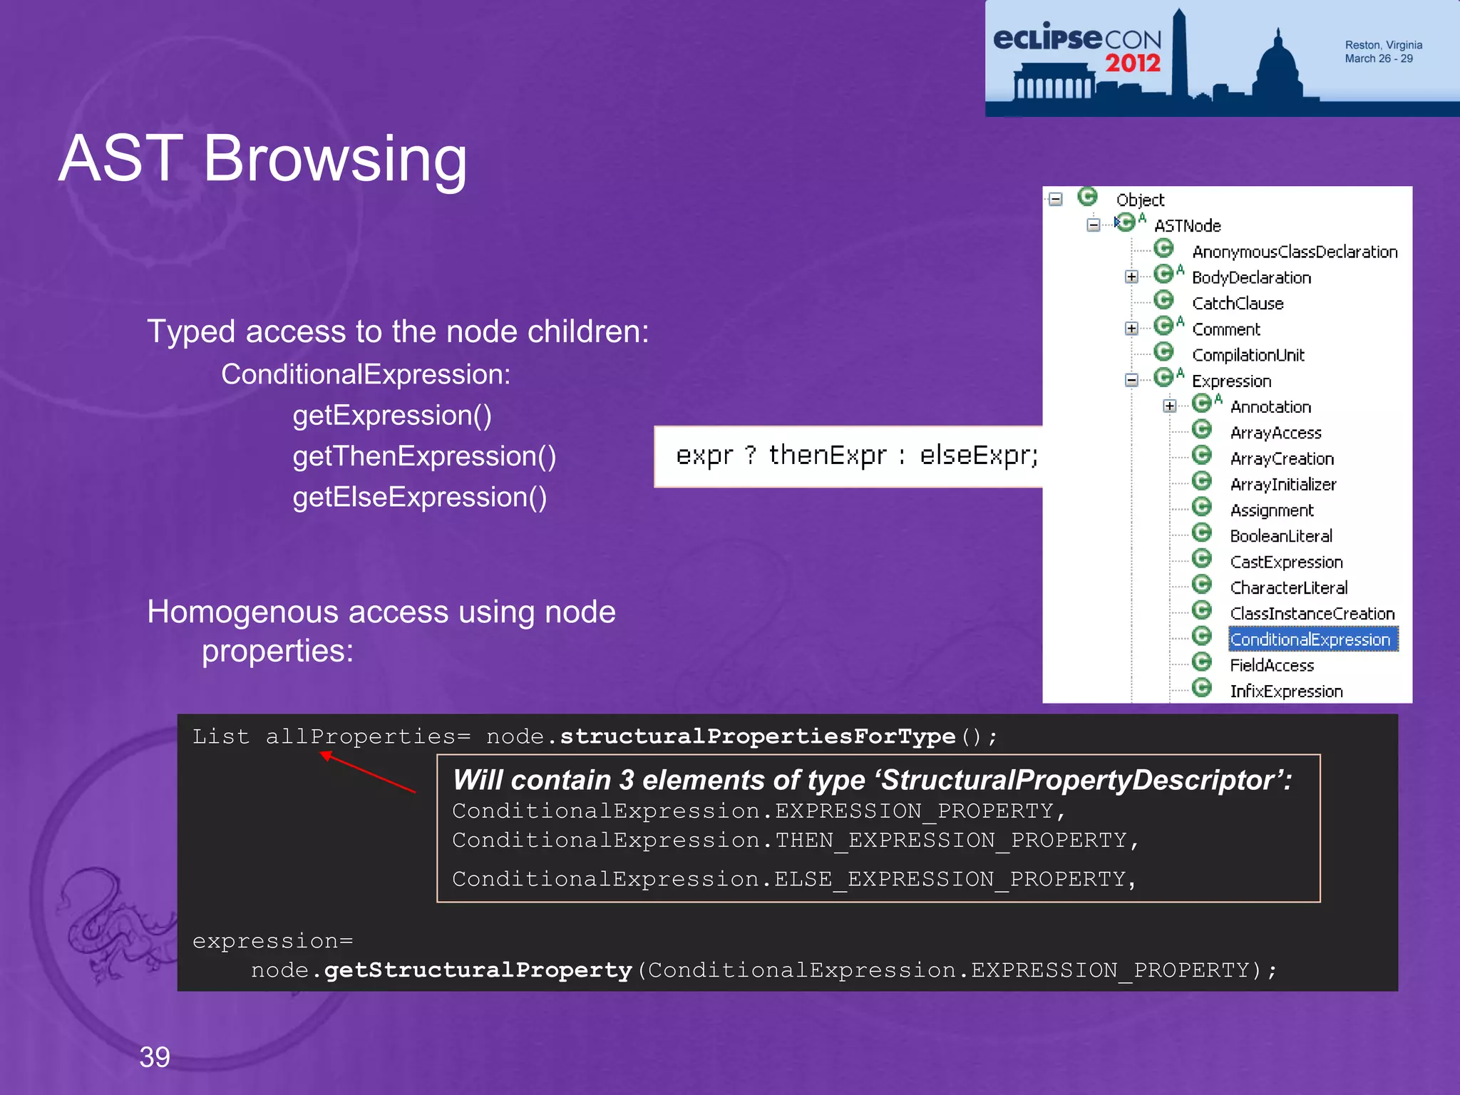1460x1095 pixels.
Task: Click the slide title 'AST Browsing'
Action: click(x=262, y=158)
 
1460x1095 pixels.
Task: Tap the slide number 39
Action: click(x=155, y=1057)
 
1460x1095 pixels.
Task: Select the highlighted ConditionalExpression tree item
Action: click(x=1310, y=639)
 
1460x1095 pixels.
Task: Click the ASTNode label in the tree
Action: click(x=1187, y=226)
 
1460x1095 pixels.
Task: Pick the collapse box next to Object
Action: click(x=1056, y=200)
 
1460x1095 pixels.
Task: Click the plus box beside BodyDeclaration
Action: click(x=1131, y=277)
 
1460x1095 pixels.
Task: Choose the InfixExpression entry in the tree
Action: click(x=1286, y=691)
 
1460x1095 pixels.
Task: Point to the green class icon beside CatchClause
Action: click(x=1164, y=301)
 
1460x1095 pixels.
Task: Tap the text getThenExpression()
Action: click(x=424, y=456)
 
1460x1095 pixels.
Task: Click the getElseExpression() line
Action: click(x=419, y=497)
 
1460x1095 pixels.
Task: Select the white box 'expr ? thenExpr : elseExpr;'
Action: click(x=848, y=456)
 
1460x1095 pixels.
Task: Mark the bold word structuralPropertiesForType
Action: click(x=757, y=736)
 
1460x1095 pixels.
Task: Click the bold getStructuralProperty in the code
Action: click(x=478, y=970)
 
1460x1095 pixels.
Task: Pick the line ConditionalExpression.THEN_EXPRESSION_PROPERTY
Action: click(x=794, y=840)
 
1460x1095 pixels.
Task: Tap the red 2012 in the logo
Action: click(x=1133, y=63)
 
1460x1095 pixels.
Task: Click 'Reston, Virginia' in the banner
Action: click(x=1383, y=45)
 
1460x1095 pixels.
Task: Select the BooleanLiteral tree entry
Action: click(x=1280, y=536)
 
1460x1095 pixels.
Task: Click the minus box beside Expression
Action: click(x=1131, y=380)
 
